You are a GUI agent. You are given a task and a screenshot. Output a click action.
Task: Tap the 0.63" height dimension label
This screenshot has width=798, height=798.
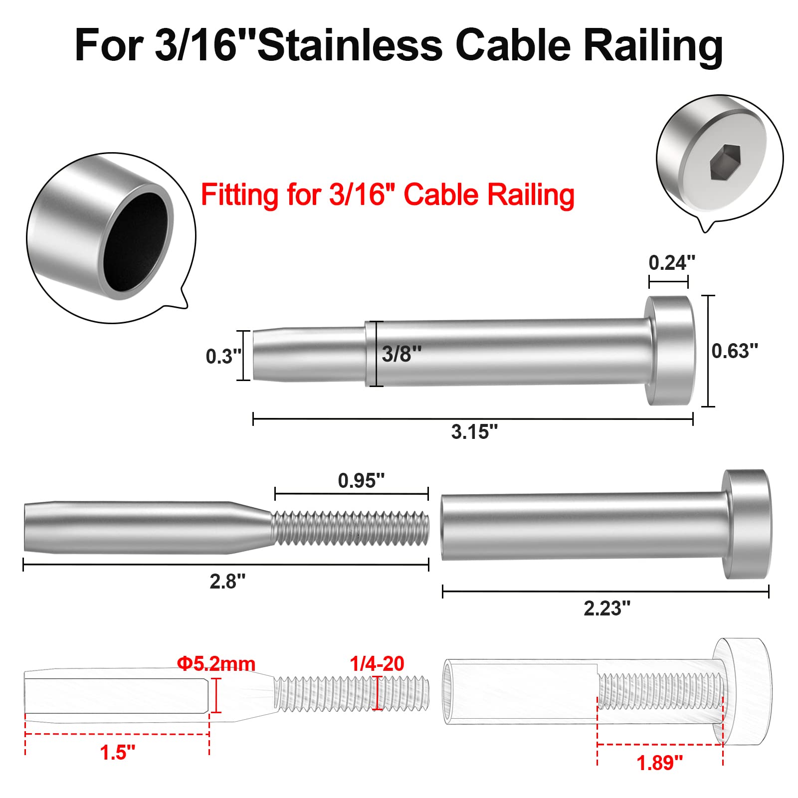pyautogui.click(x=734, y=351)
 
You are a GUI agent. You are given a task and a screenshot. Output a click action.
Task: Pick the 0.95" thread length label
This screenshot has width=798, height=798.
pyautogui.click(x=361, y=481)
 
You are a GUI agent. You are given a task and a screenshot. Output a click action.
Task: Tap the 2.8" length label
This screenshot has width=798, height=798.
pyautogui.click(x=227, y=582)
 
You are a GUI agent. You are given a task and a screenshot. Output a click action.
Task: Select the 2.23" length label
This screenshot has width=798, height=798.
pyautogui.click(x=606, y=608)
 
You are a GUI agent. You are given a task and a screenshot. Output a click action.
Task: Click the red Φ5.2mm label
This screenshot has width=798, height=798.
pyautogui.click(x=216, y=664)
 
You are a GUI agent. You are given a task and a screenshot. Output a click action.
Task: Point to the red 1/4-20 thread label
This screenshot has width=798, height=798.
pyautogui.click(x=377, y=664)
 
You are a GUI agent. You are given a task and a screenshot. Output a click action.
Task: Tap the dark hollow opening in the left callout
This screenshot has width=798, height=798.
pyautogui.click(x=136, y=242)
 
